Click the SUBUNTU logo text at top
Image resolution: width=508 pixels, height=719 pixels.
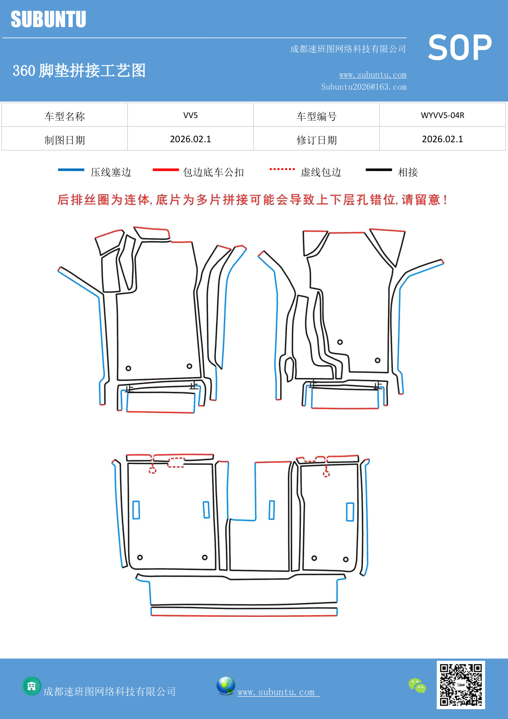point(48,19)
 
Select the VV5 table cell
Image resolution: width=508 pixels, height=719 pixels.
point(190,115)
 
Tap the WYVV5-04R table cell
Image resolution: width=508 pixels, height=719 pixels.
point(442,115)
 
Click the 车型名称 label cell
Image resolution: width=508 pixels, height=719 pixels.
point(65,116)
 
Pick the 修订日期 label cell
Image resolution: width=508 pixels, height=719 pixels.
point(316,140)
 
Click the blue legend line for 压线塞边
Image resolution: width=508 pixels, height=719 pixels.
point(71,170)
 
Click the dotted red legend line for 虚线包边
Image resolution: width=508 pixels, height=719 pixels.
point(282,169)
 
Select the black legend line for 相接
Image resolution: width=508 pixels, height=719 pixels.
point(379,170)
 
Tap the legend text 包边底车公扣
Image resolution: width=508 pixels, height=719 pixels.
point(213,172)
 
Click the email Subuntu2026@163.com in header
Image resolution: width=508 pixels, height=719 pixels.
point(364,87)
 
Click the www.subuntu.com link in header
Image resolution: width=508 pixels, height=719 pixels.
point(373,75)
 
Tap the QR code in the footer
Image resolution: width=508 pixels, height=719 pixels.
point(461,685)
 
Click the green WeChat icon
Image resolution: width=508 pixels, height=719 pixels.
point(417,685)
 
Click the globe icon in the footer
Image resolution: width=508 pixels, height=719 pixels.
point(226,686)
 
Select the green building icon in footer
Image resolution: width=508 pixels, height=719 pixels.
point(32,686)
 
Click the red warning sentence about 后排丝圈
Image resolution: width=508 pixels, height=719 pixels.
point(252,200)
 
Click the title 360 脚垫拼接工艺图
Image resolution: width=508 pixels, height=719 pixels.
point(79,71)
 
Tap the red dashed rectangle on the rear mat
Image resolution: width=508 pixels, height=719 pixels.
point(176,462)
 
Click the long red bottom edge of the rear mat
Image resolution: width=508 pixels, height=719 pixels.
point(244,616)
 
